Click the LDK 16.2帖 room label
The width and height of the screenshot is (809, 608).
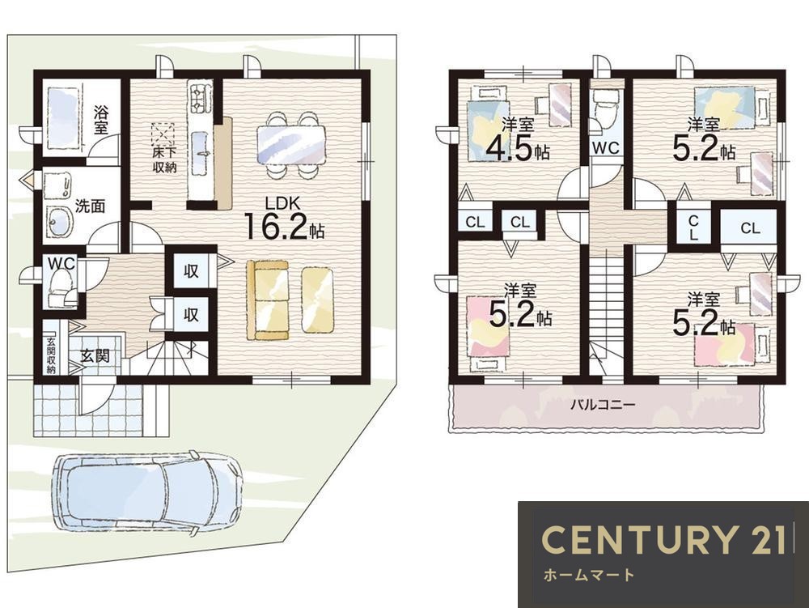283,219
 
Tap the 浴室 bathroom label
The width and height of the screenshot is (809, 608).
100,120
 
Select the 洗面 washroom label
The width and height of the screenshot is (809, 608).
91,206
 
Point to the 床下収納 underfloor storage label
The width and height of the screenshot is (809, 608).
164,160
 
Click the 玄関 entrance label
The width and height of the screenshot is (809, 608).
95,355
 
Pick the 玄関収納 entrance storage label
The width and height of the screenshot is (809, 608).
50,355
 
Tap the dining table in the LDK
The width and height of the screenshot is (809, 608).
291,146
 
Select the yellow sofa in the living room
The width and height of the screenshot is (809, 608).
267,300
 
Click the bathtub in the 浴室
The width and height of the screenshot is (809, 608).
63,118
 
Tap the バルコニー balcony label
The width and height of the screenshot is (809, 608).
603,404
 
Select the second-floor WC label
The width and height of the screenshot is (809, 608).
606,148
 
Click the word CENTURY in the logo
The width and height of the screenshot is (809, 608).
639,539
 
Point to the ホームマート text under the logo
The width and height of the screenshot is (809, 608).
589,575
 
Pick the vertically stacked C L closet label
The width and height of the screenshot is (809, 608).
694,227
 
